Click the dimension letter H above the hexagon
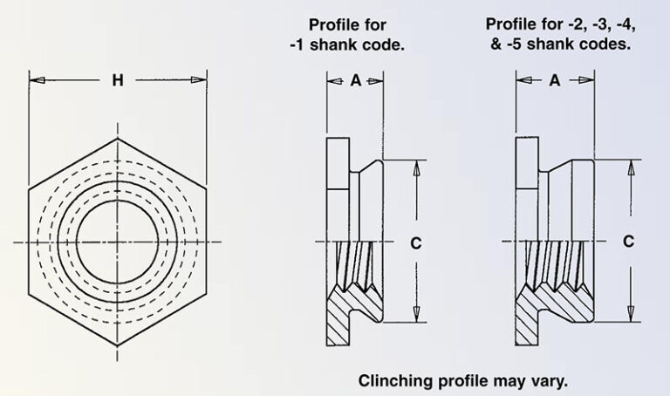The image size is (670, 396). coord(118,81)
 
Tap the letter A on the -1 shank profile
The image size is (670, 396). coord(355,80)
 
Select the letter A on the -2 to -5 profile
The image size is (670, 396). coord(554,80)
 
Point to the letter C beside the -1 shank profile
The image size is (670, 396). coord(416,243)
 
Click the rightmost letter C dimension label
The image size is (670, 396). coord(628,242)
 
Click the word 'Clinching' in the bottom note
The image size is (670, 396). coord(393,381)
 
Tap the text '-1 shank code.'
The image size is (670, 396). coord(347,44)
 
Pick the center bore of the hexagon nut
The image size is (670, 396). coord(118,241)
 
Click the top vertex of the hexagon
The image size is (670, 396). coord(118,136)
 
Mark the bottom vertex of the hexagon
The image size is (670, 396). coord(118,345)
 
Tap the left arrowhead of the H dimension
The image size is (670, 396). coord(36,81)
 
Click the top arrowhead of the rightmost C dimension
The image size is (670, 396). coord(628,167)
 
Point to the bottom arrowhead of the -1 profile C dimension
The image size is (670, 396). coord(416,316)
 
